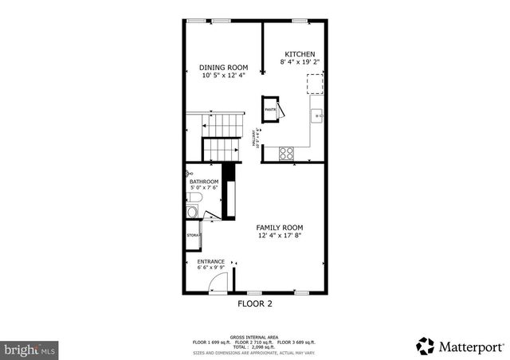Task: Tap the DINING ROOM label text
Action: point(223,67)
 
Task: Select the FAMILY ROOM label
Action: point(279,227)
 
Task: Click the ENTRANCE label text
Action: point(210,260)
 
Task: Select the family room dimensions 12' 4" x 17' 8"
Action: point(279,235)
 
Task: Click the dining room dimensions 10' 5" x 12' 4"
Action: point(223,75)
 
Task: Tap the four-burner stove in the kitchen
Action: point(286,152)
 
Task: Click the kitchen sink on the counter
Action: point(316,116)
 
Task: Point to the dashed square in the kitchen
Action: point(316,84)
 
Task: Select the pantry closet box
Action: point(270,108)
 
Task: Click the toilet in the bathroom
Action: point(192,211)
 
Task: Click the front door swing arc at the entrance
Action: point(222,281)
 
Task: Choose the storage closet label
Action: point(193,236)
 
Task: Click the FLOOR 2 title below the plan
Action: point(255,303)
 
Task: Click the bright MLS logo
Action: point(29,349)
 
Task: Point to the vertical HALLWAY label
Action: point(256,139)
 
